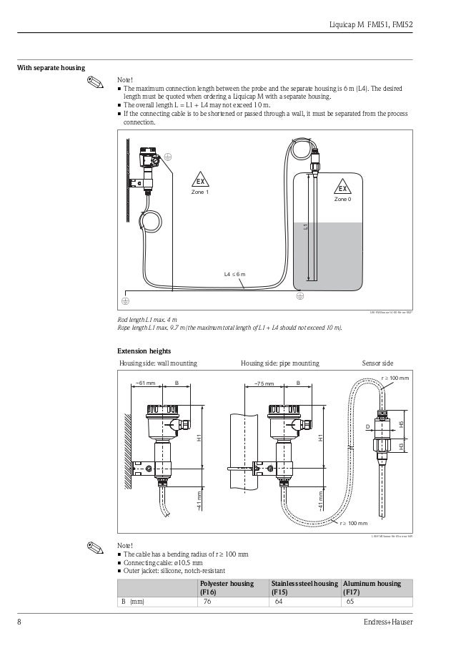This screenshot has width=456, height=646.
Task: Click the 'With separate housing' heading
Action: click(51, 69)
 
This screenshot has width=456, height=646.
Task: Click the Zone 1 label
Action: click(202, 193)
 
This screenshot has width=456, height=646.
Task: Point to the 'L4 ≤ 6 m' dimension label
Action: click(234, 274)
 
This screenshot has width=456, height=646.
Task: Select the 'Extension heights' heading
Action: click(144, 351)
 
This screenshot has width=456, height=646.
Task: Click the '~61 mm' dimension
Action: click(145, 383)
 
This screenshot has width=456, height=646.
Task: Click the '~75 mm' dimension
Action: click(264, 383)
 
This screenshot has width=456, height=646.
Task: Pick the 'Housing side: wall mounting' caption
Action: click(157, 363)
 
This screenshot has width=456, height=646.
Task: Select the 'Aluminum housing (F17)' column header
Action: click(372, 588)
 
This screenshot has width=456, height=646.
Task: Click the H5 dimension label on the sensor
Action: click(402, 424)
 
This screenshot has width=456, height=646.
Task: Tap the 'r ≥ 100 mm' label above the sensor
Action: click(395, 377)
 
